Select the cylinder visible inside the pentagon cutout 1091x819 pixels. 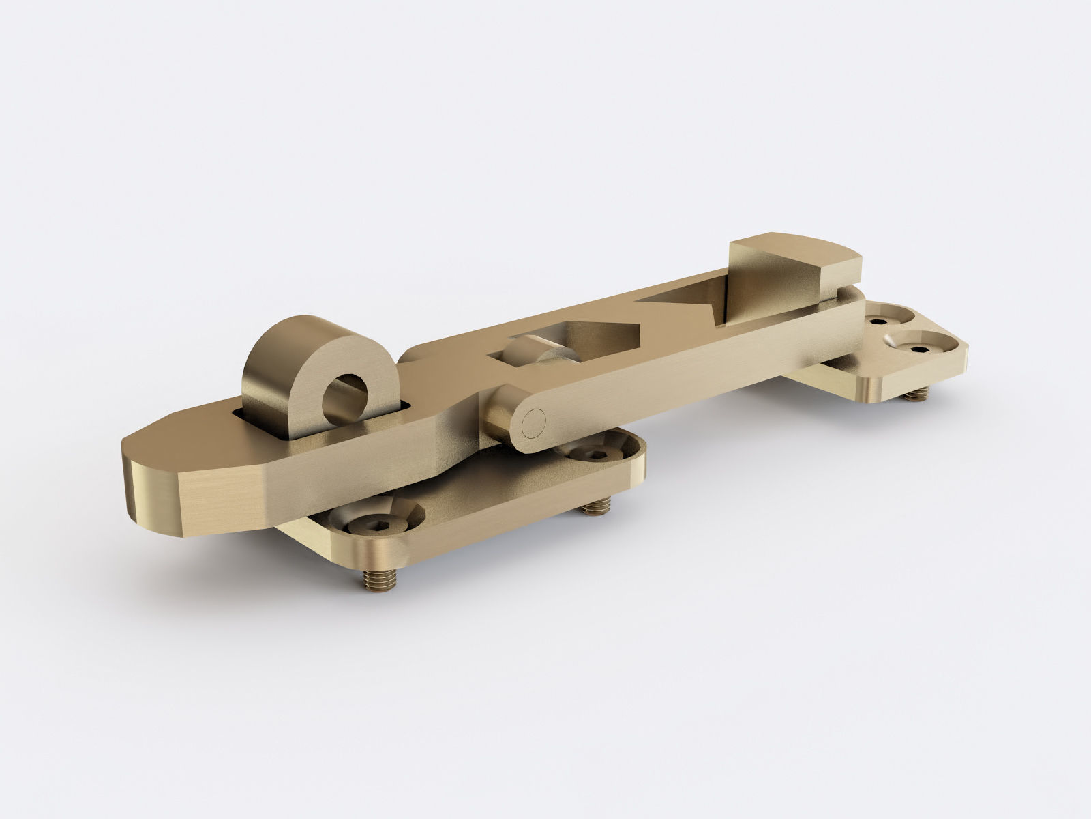click(x=528, y=354)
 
